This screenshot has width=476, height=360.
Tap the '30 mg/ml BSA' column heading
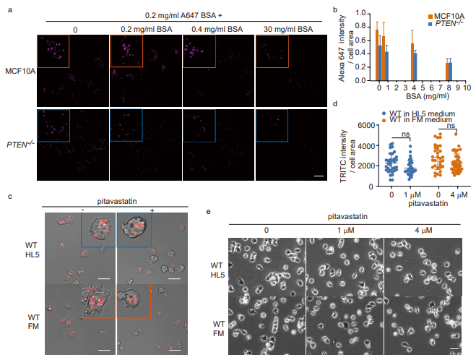pos(290,30)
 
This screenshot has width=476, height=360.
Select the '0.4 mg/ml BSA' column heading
pos(217,30)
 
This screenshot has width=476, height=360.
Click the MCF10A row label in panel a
pos(18,71)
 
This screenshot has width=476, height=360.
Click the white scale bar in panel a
pos(316,176)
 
